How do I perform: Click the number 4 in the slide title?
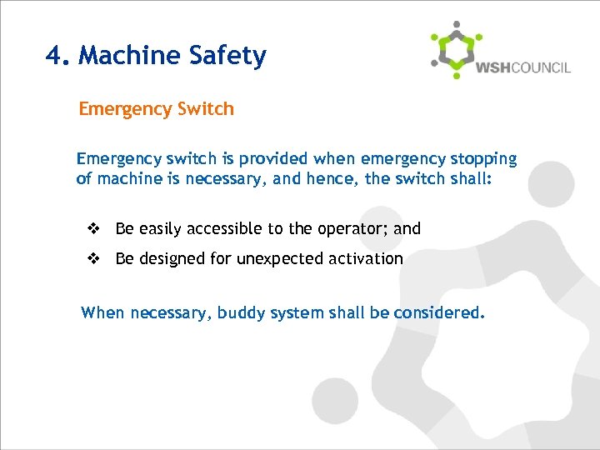56,56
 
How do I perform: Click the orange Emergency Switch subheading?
156,109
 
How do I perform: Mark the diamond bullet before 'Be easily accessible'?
93,228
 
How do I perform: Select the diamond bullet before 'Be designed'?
93,258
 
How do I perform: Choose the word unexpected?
274,259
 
